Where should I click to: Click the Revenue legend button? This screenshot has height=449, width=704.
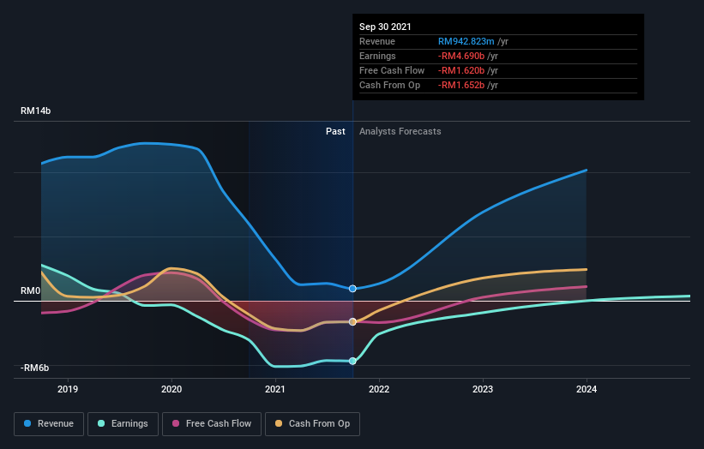(50, 423)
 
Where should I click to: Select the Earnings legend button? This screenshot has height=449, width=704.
(123, 423)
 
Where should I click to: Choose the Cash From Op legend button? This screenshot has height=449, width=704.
(313, 423)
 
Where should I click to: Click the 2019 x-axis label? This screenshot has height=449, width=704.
(68, 389)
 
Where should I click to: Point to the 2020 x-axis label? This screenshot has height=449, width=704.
(171, 389)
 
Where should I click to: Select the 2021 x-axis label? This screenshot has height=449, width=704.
(275, 389)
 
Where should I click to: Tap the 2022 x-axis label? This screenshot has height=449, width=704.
(379, 389)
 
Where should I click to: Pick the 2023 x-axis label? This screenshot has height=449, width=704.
(483, 389)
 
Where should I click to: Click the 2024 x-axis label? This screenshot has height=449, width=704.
(587, 389)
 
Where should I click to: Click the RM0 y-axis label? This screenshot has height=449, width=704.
(30, 291)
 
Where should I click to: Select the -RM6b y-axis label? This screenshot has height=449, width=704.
(34, 368)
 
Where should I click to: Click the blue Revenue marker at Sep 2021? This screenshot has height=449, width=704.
(352, 289)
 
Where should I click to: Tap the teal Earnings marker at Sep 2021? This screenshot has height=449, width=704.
(352, 361)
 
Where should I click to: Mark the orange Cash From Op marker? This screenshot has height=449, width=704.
(352, 322)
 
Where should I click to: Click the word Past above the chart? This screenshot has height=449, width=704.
(335, 131)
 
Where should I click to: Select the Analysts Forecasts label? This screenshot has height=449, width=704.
(400, 131)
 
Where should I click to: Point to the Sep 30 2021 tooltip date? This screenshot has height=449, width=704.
(387, 27)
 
